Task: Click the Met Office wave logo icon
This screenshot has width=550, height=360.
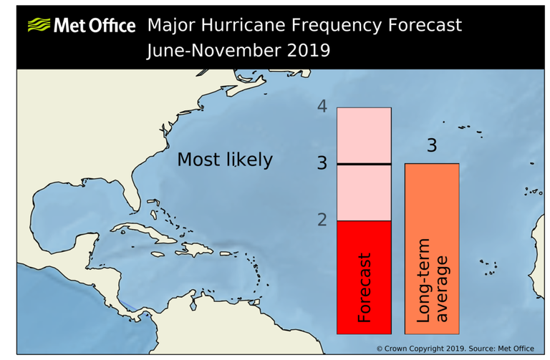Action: [x=39, y=26]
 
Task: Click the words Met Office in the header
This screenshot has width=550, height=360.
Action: [x=94, y=26]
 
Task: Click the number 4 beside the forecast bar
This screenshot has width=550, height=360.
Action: [x=322, y=107]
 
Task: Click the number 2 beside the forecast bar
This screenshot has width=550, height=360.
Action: [x=322, y=220]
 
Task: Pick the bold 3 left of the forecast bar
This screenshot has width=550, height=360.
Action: [x=322, y=164]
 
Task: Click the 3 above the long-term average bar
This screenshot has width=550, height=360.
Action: [x=431, y=146]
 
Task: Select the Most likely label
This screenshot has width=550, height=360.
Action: [x=225, y=159]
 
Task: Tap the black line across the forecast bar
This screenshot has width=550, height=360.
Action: [x=364, y=164]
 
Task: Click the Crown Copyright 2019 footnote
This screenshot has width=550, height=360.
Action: [x=455, y=349]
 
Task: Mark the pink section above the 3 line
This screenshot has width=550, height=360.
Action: [x=364, y=135]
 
